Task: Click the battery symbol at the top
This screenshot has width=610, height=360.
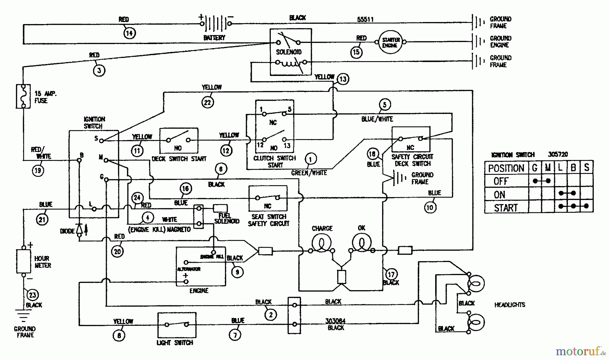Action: (x=216, y=23)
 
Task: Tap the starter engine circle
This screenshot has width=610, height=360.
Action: (x=390, y=42)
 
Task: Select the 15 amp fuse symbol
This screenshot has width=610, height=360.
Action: (x=23, y=96)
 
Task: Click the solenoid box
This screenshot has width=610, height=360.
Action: (x=290, y=52)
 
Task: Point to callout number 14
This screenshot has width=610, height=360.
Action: (x=129, y=33)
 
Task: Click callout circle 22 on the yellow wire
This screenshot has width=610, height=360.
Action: (x=207, y=102)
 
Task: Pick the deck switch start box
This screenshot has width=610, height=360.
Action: (x=179, y=140)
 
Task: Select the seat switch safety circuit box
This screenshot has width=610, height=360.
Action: (x=268, y=198)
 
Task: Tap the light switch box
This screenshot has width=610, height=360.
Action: (x=177, y=325)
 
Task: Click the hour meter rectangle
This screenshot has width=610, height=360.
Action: (x=23, y=261)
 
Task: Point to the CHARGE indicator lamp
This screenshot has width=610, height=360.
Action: (x=321, y=243)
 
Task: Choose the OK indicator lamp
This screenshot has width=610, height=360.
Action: (x=362, y=243)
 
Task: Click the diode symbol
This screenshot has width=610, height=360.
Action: (x=80, y=229)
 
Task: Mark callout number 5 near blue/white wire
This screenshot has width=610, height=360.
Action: (x=384, y=104)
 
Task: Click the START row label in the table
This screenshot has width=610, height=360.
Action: (x=506, y=207)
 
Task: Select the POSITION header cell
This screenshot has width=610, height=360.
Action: (x=506, y=168)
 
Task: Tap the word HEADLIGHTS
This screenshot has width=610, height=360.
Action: (x=509, y=305)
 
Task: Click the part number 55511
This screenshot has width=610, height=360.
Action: (x=365, y=19)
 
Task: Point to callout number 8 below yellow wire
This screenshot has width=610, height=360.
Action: (x=119, y=335)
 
